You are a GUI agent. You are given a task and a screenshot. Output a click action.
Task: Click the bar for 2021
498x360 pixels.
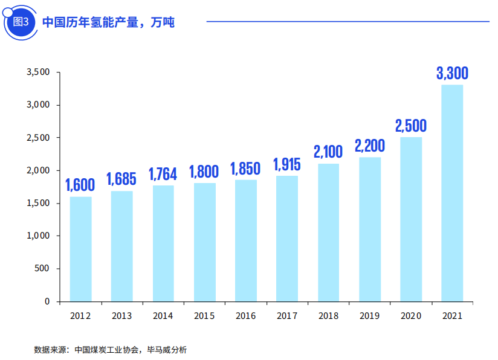pos(452,193)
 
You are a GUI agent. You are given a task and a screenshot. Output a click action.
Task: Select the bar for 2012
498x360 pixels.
pos(80,249)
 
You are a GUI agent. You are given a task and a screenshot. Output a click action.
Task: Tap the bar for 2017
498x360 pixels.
pos(287,238)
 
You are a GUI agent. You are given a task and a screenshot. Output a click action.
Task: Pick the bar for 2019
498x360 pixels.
pos(370,229)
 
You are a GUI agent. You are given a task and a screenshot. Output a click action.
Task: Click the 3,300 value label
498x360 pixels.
pos(452,74)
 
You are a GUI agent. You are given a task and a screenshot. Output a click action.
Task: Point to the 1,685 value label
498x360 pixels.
pos(121,179)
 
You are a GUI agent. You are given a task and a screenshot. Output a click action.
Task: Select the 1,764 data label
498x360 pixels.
pos(163,174)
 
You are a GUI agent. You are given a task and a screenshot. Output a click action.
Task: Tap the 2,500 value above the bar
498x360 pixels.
pos(411,126)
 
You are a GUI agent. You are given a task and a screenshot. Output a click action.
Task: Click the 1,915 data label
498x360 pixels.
pos(287,164)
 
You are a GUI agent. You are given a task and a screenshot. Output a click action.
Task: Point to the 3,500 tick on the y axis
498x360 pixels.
pos(38,72)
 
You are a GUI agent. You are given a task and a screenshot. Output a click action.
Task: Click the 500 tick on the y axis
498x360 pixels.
pos(43,268)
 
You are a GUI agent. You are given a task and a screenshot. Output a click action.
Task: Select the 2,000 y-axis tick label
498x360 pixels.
pos(38,170)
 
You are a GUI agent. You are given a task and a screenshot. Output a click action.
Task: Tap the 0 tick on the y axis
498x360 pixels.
pos(47,301)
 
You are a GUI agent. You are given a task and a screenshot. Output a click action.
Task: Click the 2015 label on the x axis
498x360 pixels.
pos(204,316)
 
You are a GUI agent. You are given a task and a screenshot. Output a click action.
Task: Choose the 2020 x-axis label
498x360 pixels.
pos(411,316)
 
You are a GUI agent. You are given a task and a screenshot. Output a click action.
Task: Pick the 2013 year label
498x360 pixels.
pos(121,316)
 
